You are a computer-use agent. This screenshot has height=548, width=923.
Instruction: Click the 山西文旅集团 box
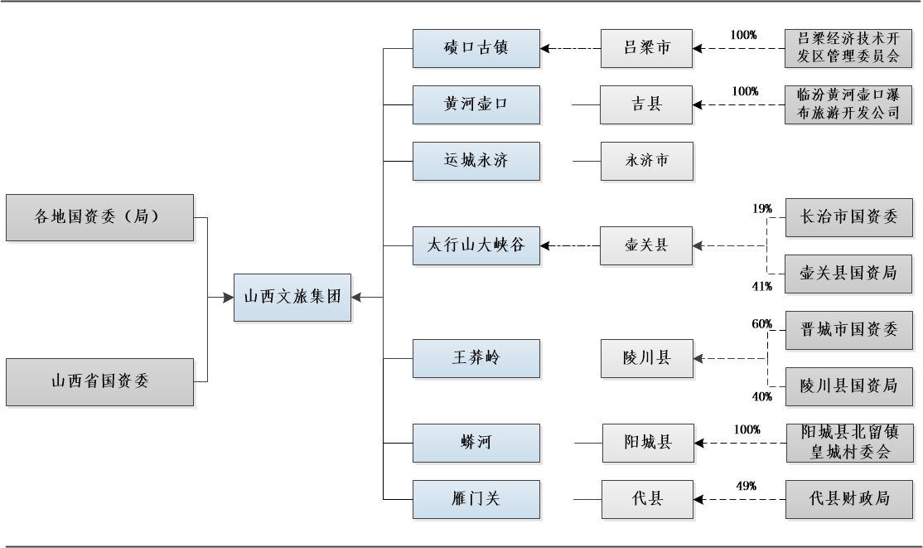click(292, 297)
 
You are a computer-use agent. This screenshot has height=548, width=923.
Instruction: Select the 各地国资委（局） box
click(99, 217)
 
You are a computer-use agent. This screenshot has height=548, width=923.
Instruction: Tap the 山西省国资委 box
click(99, 381)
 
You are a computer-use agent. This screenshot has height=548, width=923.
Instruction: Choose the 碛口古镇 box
click(476, 48)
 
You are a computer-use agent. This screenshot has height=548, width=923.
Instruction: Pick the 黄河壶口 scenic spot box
click(476, 104)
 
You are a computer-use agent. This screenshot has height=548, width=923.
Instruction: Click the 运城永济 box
click(476, 161)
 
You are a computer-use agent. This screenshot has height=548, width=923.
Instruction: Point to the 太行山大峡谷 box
click(476, 245)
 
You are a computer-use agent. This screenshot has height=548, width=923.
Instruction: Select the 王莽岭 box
click(476, 358)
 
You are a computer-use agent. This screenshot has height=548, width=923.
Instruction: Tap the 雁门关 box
click(476, 499)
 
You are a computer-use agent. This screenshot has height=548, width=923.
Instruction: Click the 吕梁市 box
click(646, 48)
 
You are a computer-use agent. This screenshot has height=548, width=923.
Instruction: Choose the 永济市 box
click(646, 161)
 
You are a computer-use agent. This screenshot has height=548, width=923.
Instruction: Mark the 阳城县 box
click(646, 443)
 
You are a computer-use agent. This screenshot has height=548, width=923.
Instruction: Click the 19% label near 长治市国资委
click(762, 208)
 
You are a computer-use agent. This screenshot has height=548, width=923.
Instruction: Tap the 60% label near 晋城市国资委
click(762, 323)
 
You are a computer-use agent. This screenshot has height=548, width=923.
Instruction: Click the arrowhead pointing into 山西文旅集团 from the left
click(229, 297)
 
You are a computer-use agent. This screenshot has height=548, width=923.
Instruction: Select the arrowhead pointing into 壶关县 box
click(698, 245)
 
